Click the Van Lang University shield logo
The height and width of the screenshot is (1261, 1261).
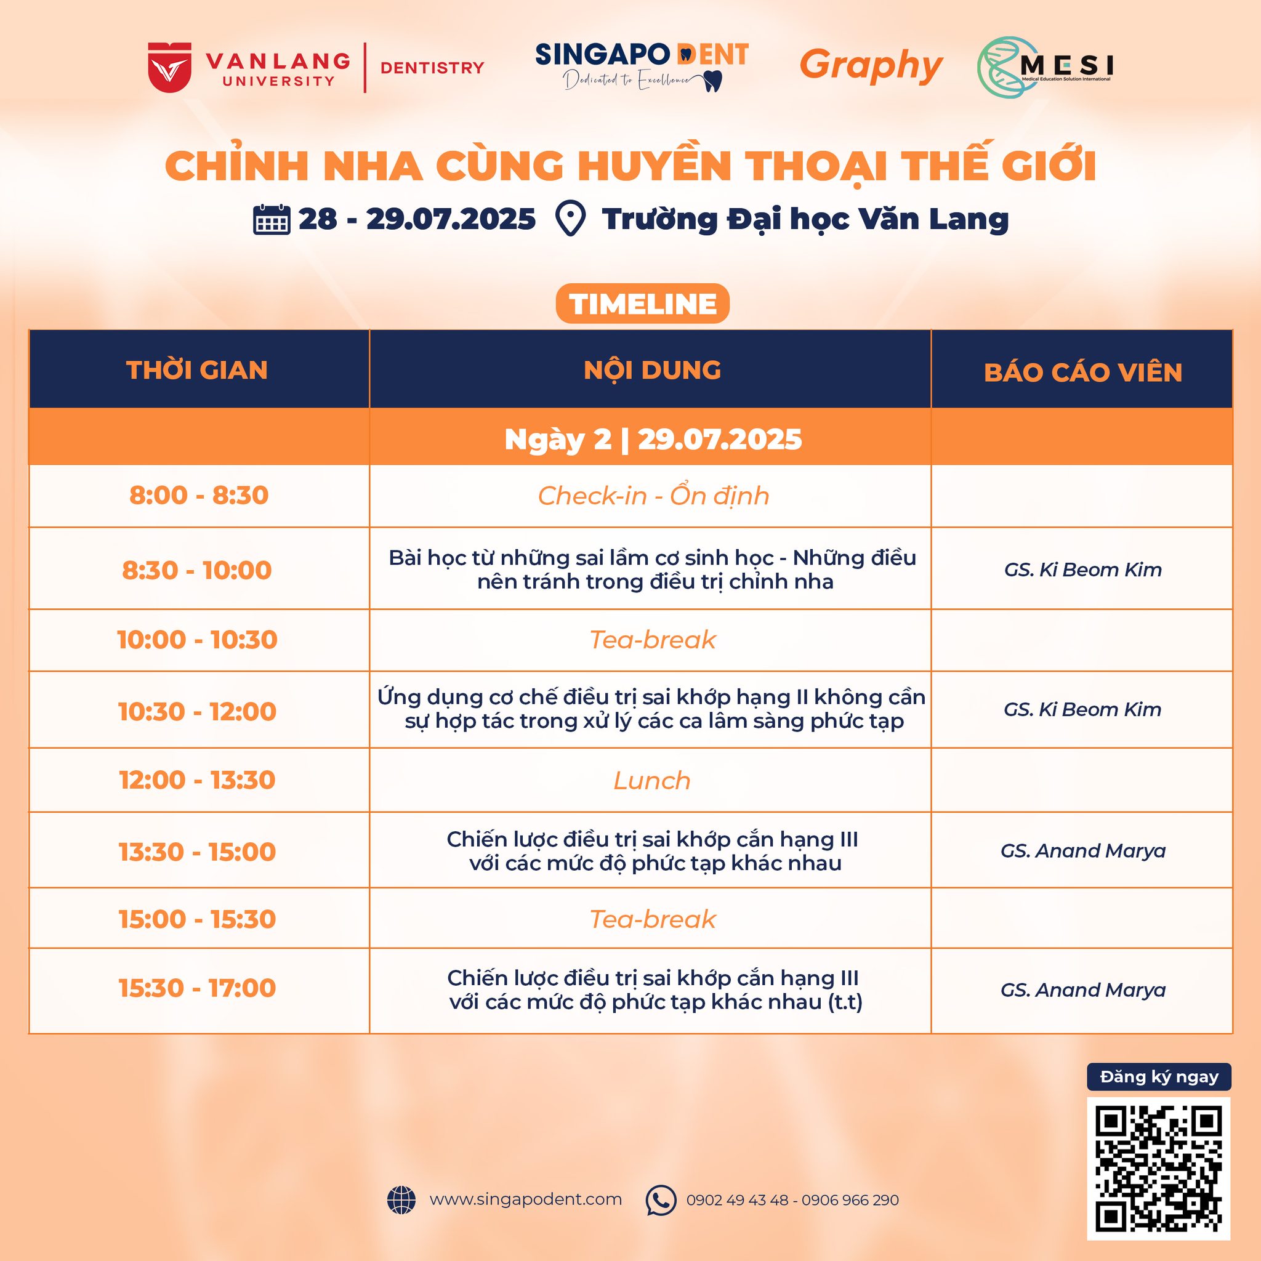coord(170,67)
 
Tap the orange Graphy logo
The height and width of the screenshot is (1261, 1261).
coord(871,66)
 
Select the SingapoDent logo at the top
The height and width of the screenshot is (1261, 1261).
coord(642,66)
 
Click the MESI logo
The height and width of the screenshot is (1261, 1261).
coord(1044,67)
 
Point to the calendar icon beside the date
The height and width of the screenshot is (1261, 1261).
coord(272,219)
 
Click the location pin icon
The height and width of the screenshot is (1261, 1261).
coord(570,219)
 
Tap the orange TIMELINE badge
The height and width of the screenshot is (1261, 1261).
coord(642,304)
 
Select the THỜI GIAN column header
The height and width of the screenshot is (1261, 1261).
coord(197,370)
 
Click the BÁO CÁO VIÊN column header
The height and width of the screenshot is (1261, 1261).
coord(1083,373)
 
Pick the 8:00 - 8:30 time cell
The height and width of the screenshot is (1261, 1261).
coord(199,496)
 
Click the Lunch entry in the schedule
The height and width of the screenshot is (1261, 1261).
coord(652,781)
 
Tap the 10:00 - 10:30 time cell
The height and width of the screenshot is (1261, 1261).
coord(197,640)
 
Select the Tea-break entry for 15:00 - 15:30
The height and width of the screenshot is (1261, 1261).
coord(653,919)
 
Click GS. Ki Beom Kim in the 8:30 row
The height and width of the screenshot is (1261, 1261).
coord(1083,570)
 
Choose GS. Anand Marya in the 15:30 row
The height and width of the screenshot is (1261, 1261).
coord(1083,990)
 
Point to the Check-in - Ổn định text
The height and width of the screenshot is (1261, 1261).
coord(653,496)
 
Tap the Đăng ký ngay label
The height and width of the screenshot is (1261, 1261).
coord(1159,1077)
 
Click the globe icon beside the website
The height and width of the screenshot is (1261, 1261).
coord(401,1199)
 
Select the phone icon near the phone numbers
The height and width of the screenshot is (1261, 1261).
coord(661,1199)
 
